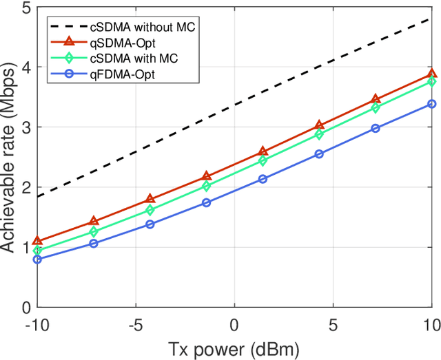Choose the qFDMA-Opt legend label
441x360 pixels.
121,74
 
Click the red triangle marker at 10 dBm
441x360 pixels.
432,74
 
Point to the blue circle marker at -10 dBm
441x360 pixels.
37,260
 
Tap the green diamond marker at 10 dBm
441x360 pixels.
432,81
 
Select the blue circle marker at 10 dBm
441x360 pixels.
432,104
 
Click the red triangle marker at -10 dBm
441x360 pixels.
37,241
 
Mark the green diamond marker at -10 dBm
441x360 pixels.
37,251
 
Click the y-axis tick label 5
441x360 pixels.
25,8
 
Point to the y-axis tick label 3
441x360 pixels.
25,127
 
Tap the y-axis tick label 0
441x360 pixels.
25,307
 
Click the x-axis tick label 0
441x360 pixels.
234,324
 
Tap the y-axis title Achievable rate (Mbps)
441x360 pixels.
9,157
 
